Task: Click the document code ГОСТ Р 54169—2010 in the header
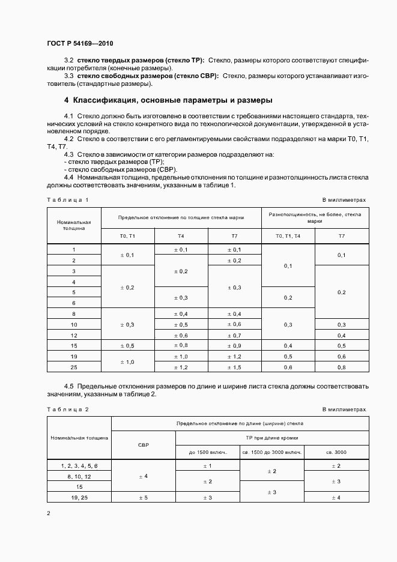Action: [79, 44]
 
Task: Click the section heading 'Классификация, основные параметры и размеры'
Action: [168, 100]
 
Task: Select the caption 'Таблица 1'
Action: [67, 199]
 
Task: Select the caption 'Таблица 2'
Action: [67, 409]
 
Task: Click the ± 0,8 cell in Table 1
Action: [181, 346]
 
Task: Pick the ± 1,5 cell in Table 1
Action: [234, 367]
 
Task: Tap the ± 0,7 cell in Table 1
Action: [234, 335]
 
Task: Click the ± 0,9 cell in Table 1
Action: [234, 346]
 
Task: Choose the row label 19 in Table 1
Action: [74, 356]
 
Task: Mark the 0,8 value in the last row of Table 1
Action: [341, 367]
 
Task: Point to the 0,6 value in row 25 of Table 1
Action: [288, 367]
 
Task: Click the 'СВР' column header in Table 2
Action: [143, 445]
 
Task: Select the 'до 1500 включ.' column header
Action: [206, 452]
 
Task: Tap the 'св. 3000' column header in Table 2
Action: [337, 452]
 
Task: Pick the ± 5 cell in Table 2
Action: [143, 497]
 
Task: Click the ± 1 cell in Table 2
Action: [206, 466]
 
